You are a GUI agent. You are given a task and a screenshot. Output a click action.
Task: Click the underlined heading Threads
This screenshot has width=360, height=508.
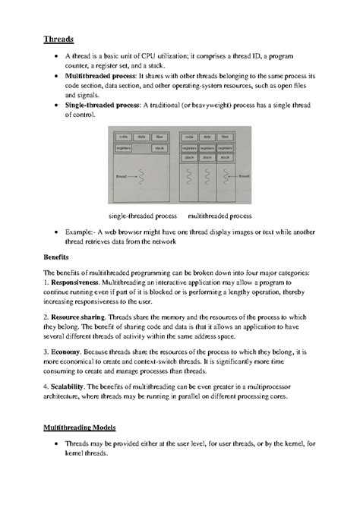click(58, 38)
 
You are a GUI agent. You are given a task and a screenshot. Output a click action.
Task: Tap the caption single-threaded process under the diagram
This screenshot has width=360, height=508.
click(143, 216)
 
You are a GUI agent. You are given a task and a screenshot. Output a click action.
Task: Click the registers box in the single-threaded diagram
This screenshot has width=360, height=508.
click(125, 148)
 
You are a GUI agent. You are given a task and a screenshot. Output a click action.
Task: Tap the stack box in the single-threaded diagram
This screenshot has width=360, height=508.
click(159, 148)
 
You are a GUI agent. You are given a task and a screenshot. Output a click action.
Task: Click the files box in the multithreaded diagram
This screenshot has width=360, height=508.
click(226, 137)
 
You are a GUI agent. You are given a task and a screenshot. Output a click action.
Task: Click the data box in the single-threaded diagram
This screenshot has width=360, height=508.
click(141, 137)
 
